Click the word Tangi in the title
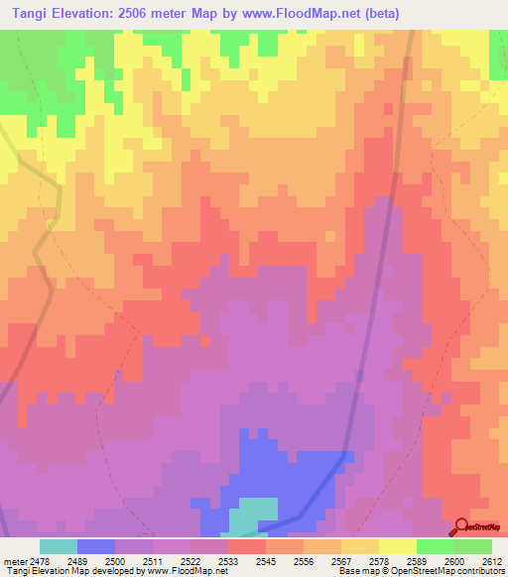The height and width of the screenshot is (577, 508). (28, 13)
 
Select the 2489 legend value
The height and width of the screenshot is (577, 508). (77, 560)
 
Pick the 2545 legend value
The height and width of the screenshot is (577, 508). (267, 560)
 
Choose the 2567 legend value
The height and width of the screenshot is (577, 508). (342, 560)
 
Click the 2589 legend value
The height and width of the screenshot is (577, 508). (417, 560)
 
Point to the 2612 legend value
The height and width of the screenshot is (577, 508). (492, 560)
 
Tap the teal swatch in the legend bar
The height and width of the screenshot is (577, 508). (59, 546)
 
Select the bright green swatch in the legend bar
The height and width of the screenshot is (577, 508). (435, 546)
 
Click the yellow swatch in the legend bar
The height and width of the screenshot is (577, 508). (397, 546)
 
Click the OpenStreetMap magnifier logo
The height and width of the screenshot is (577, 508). (463, 526)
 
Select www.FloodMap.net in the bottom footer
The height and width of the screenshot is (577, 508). (182, 571)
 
